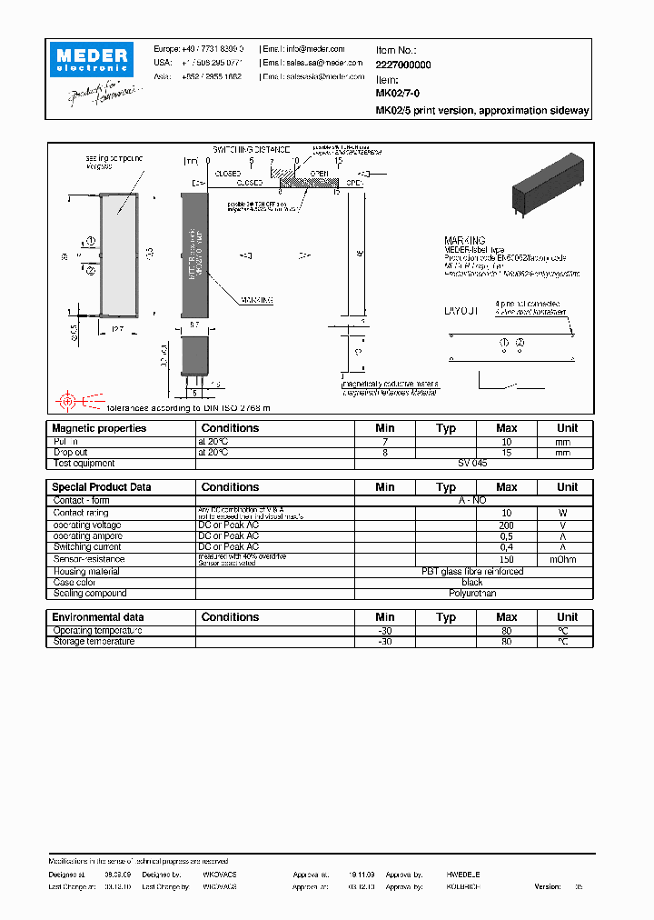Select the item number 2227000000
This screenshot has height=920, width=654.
tap(403, 65)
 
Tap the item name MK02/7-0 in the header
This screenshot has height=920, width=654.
tap(397, 93)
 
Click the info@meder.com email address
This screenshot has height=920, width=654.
tap(315, 49)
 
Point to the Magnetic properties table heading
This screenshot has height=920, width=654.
tap(99, 428)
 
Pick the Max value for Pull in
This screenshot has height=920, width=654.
tap(507, 441)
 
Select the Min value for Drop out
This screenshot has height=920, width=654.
tap(385, 452)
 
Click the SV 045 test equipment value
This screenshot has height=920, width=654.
tap(472, 463)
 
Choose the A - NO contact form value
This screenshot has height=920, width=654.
tap(472, 500)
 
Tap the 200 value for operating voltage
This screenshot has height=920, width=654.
tap(507, 525)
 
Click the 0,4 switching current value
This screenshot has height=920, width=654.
tap(507, 547)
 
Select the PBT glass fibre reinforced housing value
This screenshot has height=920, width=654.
tap(472, 572)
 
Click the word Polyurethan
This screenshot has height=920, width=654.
tap(472, 593)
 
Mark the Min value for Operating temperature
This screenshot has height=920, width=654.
tap(385, 631)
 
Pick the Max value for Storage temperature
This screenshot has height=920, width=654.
tap(507, 642)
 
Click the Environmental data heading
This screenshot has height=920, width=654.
tap(97, 617)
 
